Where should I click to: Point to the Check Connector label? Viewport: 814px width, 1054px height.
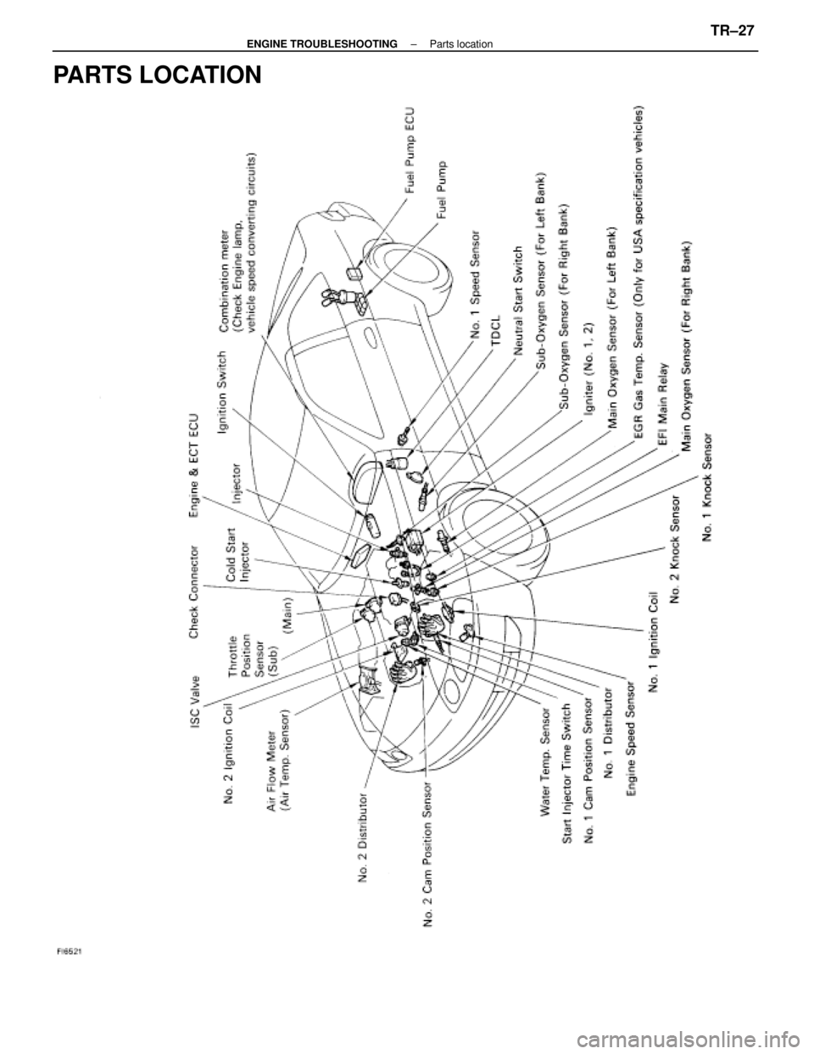[x=195, y=587]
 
